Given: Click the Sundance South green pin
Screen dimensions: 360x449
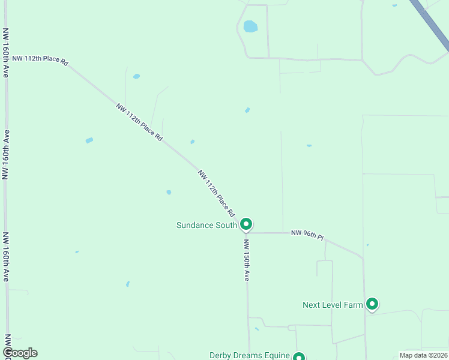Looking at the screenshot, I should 246,224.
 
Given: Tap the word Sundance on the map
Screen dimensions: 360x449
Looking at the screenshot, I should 194,226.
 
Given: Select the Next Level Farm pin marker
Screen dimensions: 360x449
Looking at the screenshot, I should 372,304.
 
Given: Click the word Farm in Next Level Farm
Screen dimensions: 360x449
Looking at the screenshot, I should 354,305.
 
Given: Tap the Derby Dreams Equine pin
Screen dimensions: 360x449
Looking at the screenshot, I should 299,356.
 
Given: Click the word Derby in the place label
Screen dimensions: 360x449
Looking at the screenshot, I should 220,356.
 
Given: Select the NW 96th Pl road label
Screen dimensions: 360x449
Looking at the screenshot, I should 307,235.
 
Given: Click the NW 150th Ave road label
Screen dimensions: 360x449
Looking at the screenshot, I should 246,260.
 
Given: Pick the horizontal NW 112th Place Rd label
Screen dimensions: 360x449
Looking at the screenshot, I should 40,60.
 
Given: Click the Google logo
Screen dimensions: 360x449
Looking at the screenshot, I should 20,353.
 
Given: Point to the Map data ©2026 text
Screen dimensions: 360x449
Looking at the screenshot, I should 423,355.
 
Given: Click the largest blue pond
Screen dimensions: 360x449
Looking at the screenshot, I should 250,26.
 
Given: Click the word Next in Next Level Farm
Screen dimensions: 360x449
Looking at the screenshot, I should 311,305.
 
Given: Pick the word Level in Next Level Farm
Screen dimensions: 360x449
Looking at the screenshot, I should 333,305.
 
